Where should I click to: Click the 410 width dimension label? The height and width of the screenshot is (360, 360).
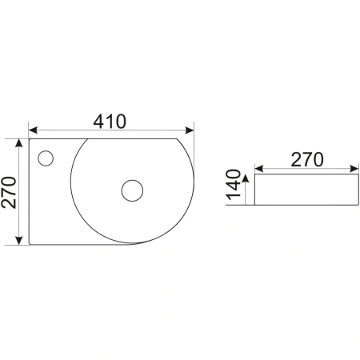110,122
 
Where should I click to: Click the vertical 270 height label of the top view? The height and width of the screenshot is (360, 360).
9,192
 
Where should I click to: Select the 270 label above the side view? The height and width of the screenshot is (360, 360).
307,159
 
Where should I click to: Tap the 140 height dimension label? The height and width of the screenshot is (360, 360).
234,185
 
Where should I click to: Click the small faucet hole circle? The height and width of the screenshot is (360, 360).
46,158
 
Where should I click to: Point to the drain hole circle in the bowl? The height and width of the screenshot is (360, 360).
132,190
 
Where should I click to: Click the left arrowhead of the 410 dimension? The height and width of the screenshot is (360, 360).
33,130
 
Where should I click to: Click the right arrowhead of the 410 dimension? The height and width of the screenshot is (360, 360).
190,130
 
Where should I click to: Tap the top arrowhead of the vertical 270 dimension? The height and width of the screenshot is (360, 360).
18,143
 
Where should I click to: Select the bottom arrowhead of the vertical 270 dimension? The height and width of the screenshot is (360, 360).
18,240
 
